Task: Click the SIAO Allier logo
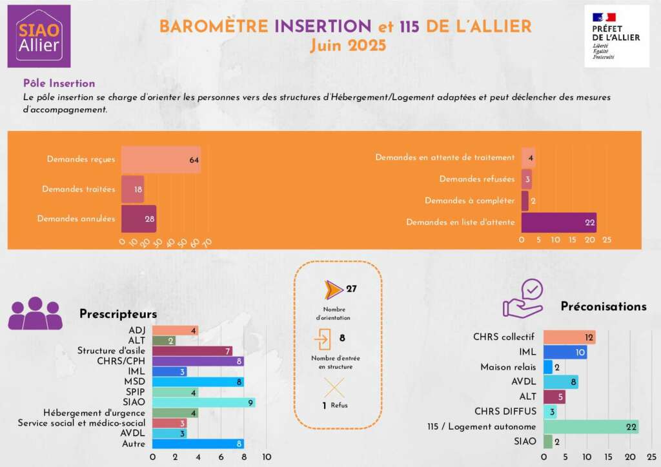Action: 39,36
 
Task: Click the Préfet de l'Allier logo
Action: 616,36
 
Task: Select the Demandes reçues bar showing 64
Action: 161,159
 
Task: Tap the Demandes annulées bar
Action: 139,219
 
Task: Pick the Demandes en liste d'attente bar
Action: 558,222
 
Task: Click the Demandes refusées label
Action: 477,179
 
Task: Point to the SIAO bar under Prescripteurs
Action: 203,402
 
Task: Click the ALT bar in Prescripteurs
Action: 164,341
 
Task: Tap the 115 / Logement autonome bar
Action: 591,427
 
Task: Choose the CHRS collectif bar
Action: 569,337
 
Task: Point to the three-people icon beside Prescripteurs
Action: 35,314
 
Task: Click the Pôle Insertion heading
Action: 59,83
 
